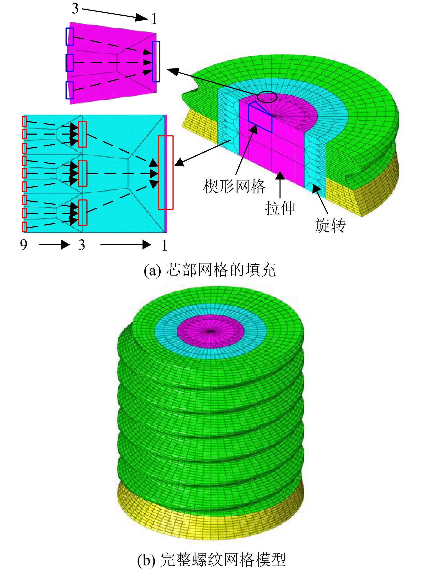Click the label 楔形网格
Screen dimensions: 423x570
pyautogui.click(x=234, y=186)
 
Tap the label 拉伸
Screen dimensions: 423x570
pyautogui.click(x=280, y=208)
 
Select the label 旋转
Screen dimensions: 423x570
pyautogui.click(x=330, y=226)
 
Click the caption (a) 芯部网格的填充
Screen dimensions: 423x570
pyautogui.click(x=210, y=270)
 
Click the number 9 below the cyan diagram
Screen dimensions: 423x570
pyautogui.click(x=24, y=245)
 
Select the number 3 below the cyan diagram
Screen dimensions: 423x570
pyautogui.click(x=82, y=245)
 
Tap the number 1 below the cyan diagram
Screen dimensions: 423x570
pyautogui.click(x=164, y=245)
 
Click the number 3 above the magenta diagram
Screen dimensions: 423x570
pyautogui.click(x=75, y=8)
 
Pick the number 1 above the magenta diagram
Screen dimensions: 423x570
pyautogui.click(x=154, y=19)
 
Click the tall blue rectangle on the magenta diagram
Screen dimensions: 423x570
pyautogui.click(x=156, y=62)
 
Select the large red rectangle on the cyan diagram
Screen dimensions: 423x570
pyautogui.click(x=166, y=173)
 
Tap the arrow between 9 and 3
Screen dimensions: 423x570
pyautogui.click(x=54, y=245)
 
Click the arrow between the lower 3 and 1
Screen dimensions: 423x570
pyautogui.click(x=126, y=245)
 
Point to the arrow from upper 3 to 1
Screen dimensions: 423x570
pyautogui.click(x=115, y=14)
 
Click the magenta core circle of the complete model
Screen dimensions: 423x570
pyautogui.click(x=211, y=331)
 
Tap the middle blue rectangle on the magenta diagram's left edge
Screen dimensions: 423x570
pyautogui.click(x=70, y=62)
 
